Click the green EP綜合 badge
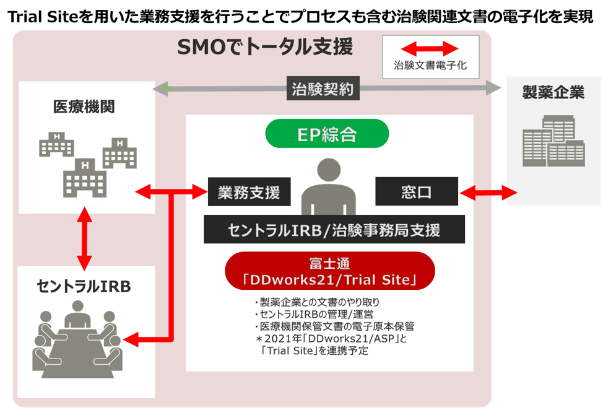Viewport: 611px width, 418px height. pyautogui.click(x=327, y=133)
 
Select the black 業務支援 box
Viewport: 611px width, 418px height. pyautogui.click(x=249, y=192)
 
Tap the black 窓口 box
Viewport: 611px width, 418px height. pyautogui.click(x=417, y=191)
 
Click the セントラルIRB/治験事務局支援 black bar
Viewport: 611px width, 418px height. pyautogui.click(x=334, y=230)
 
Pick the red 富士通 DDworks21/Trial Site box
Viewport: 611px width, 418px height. pyautogui.click(x=329, y=271)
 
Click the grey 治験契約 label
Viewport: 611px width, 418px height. pyautogui.click(x=323, y=89)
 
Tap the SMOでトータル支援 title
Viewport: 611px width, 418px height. pyautogui.click(x=264, y=47)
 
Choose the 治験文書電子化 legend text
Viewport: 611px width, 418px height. pyautogui.click(x=430, y=64)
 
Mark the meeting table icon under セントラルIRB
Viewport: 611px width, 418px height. pyautogui.click(x=78, y=341)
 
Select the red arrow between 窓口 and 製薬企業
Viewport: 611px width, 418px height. pyautogui.click(x=482, y=192)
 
